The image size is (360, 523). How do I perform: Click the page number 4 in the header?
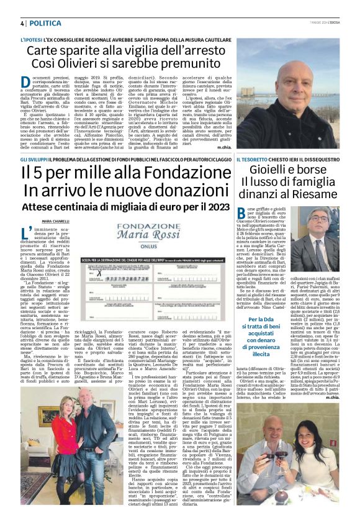(x=22, y=23)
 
